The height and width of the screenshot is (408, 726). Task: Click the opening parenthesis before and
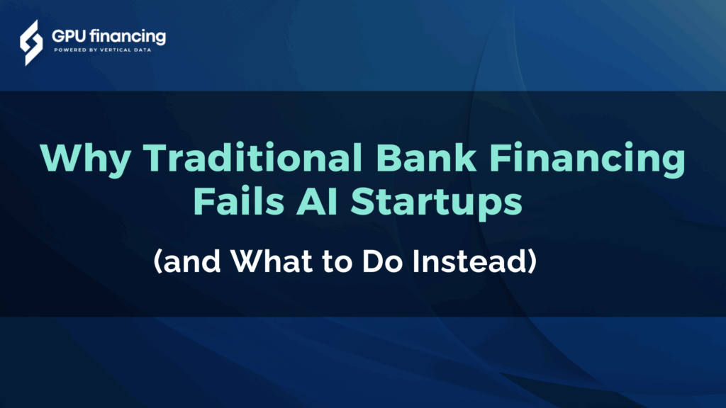point(159,263)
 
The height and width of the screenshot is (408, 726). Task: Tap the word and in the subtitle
point(190,263)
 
